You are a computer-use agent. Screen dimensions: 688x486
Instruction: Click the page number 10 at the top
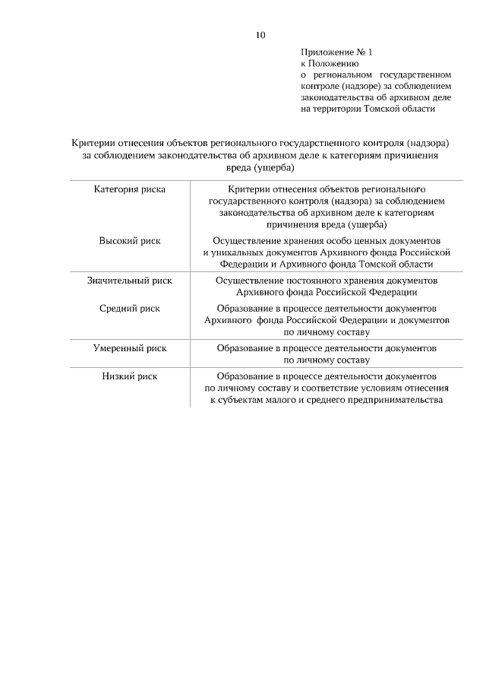[x=260, y=34]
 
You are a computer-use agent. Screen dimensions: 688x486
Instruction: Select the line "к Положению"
[x=327, y=64]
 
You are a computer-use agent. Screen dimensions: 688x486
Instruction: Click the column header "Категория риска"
[x=129, y=189]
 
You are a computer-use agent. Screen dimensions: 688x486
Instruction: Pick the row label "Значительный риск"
[x=129, y=281]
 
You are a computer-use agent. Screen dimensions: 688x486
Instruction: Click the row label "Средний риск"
[x=129, y=309]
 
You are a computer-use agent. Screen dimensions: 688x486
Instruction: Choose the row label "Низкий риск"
[x=129, y=376]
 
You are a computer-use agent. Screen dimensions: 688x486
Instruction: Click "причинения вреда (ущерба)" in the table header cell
[x=327, y=225]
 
